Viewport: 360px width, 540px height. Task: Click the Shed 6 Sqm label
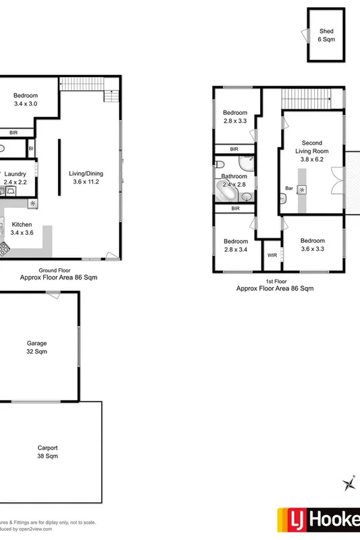point(326,36)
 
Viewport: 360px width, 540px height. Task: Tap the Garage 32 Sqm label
point(37,347)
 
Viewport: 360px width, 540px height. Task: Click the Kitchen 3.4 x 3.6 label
point(22,228)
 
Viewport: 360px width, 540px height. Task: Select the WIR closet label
point(272,256)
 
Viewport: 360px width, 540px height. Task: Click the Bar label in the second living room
point(289,188)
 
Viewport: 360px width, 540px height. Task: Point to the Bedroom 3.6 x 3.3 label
point(313,245)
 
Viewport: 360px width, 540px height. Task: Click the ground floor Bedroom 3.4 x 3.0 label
point(26,100)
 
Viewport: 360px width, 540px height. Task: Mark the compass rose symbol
point(349,483)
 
